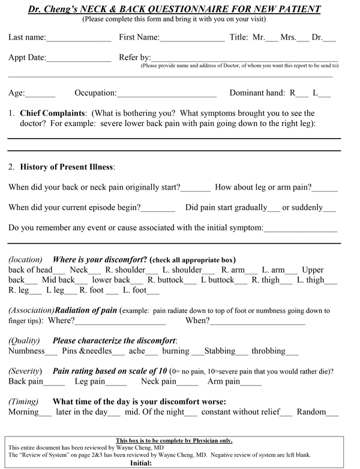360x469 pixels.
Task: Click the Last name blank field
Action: coord(79,38)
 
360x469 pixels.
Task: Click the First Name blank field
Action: coord(192,38)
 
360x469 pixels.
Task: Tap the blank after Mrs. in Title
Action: coord(303,38)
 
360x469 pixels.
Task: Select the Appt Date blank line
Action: coord(79,59)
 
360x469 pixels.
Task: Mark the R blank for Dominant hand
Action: coord(302,94)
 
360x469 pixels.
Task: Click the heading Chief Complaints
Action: coord(53,113)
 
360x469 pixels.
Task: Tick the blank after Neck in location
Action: coord(95,271)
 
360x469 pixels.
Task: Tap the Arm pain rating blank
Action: coord(251,383)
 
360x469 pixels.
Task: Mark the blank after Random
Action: coord(332,413)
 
